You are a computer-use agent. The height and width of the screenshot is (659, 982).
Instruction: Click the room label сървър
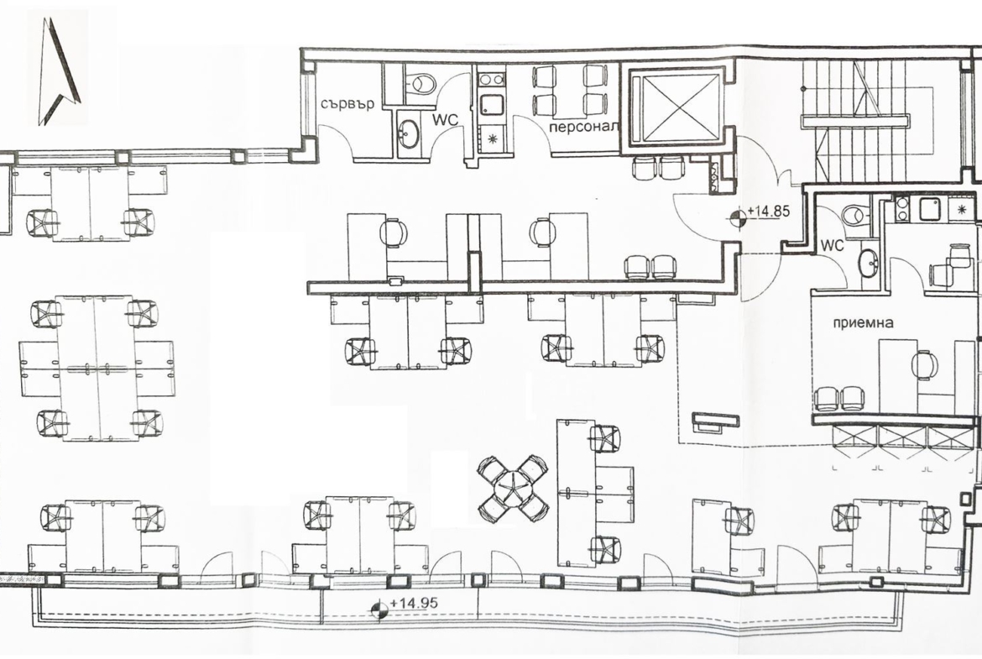pos(347,103)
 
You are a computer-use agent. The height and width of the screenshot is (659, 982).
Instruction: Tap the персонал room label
pos(584,126)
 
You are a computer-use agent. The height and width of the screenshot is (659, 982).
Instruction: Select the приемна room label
pos(863,323)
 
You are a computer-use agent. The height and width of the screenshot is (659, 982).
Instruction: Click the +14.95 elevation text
pos(413,604)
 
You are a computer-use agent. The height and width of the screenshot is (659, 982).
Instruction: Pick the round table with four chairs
pos(513,488)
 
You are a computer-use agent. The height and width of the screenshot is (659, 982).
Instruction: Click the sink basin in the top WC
pos(409,133)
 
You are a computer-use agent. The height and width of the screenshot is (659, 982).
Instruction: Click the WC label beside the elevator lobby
pos(833,246)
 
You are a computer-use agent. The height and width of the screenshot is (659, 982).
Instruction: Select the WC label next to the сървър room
pos(447,119)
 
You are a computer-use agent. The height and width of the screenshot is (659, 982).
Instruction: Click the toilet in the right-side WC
pos(854,215)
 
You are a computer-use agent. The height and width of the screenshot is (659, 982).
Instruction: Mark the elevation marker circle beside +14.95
pos(378,609)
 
